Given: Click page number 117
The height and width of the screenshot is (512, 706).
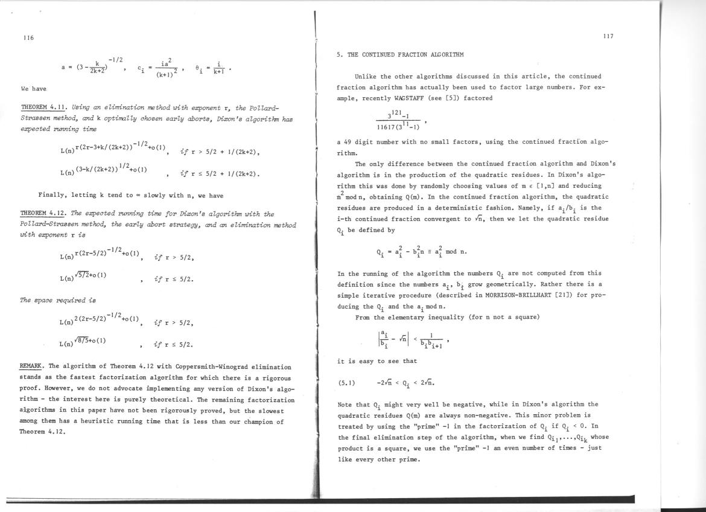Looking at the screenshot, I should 608,37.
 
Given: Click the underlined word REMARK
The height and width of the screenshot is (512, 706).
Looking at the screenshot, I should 31,366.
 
